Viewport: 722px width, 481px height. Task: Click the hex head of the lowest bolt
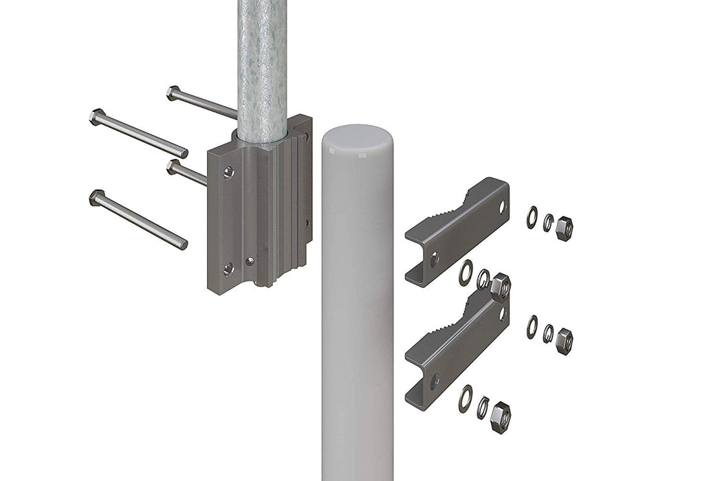(x=96, y=197)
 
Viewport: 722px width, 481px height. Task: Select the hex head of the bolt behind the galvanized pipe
(x=173, y=92)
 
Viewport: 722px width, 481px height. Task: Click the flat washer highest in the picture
(x=532, y=217)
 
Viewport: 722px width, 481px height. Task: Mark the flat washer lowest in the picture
(x=466, y=399)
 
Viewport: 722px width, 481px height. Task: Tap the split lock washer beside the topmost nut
(x=548, y=222)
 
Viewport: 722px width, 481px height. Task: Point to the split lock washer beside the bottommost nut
(x=483, y=407)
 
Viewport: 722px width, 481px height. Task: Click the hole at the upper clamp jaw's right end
(x=502, y=205)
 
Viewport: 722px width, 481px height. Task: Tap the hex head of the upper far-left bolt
(x=96, y=116)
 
